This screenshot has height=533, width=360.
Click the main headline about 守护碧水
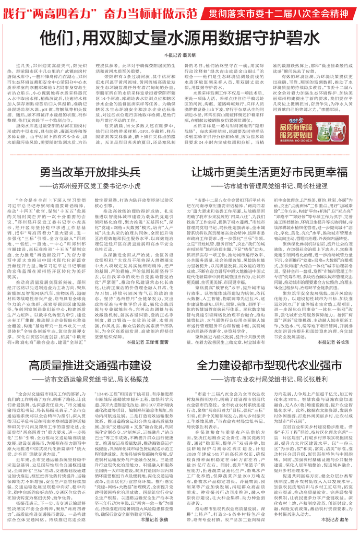(x=181, y=39)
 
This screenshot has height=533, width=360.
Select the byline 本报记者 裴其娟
(x=179, y=54)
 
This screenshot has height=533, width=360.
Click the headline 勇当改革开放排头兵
(x=88, y=173)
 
